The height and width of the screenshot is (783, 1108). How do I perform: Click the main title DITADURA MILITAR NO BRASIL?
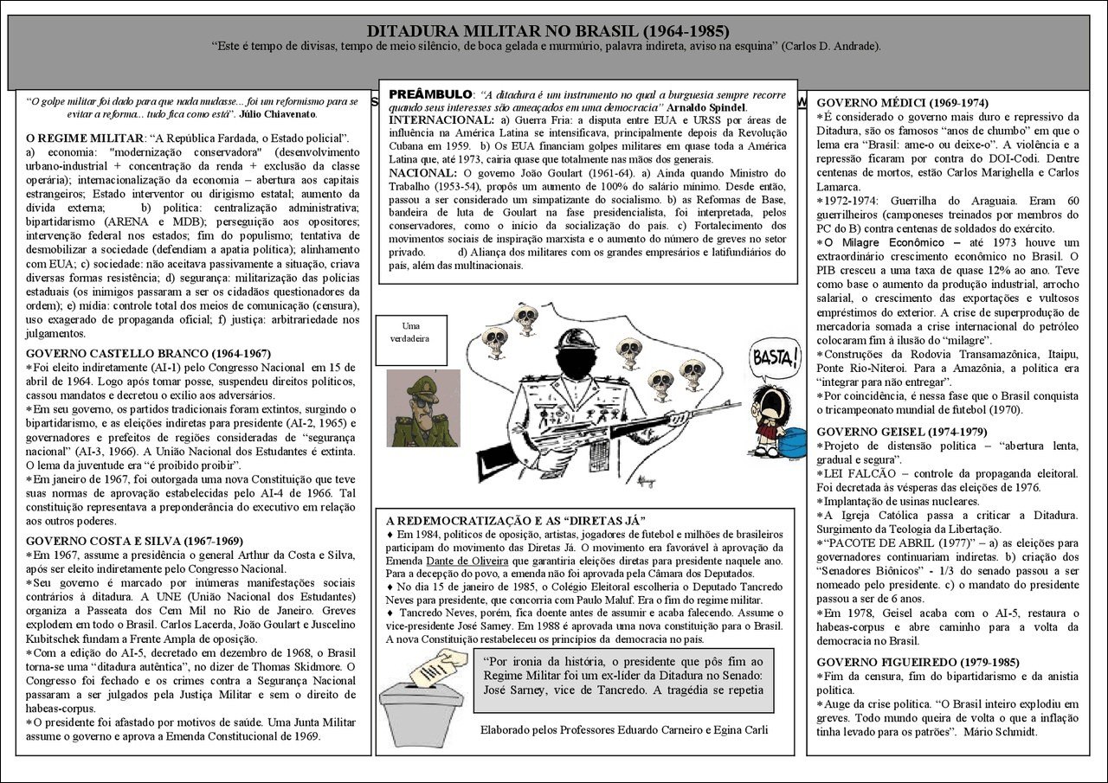coord(555,31)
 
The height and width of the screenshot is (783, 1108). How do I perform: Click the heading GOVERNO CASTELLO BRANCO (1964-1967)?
coord(148,353)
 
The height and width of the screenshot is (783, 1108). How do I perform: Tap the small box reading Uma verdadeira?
coord(409,332)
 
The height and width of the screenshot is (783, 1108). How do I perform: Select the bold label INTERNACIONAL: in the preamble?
coord(436,119)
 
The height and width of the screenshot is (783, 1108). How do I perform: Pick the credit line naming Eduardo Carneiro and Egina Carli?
coord(623,729)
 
